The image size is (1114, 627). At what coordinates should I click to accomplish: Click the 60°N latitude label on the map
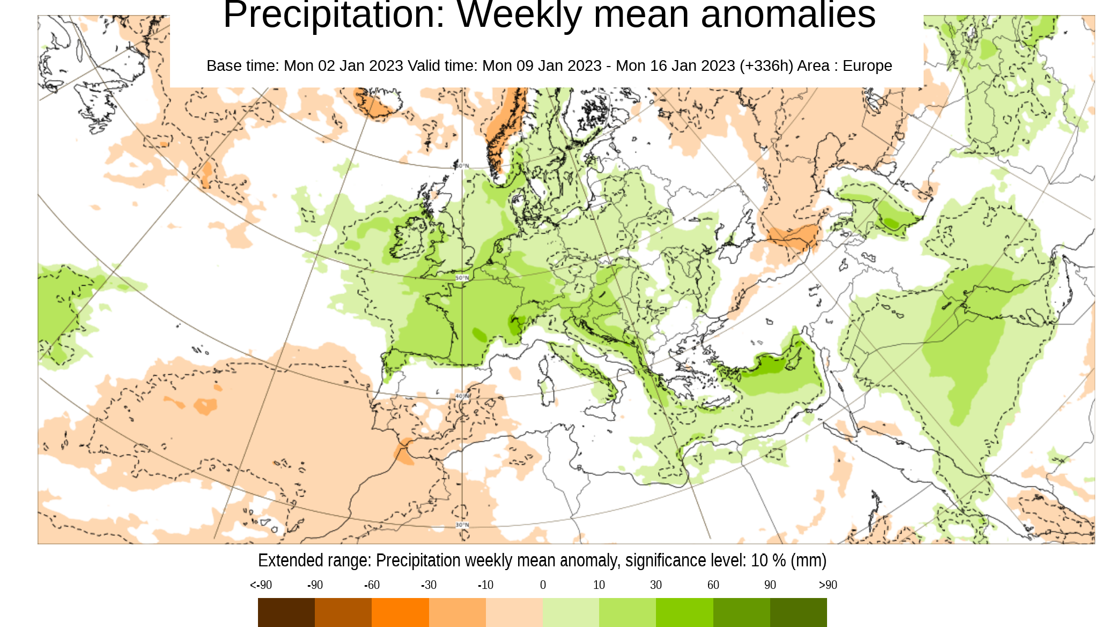point(462,166)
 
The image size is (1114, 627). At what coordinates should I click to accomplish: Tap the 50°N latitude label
point(462,278)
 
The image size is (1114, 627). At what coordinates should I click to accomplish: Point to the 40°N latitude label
point(462,396)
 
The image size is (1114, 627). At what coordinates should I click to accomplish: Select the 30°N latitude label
point(462,525)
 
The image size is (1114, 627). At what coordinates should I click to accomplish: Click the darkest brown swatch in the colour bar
point(286,613)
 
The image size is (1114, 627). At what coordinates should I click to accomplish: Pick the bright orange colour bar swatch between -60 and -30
point(400,613)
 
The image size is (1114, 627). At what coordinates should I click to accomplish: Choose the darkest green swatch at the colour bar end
point(798,613)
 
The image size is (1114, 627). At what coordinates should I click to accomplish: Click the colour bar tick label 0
point(543,585)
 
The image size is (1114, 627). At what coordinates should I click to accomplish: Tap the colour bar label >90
point(828,585)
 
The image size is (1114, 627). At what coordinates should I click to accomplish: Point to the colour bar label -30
point(429,585)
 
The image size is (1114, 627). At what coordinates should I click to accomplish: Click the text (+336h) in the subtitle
point(766,65)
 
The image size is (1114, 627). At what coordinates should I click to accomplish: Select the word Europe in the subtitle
point(867,65)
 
